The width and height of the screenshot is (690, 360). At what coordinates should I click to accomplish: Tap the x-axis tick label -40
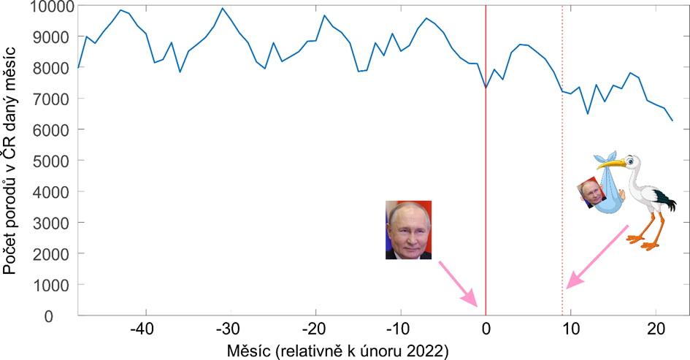pyautogui.click(x=145, y=327)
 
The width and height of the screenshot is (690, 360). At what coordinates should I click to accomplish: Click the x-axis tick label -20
pyautogui.click(x=315, y=327)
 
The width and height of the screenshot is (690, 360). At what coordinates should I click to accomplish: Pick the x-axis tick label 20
pyautogui.click(x=655, y=327)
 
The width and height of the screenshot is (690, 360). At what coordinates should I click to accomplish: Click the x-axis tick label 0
pyautogui.click(x=486, y=327)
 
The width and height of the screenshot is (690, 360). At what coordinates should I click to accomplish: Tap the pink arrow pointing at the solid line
pyautogui.click(x=458, y=284)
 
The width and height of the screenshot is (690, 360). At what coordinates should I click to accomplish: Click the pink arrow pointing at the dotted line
pyautogui.click(x=597, y=256)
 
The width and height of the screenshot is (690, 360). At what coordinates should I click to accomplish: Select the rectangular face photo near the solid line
pyautogui.click(x=409, y=229)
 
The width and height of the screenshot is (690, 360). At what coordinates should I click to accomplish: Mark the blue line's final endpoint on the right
pyautogui.click(x=672, y=120)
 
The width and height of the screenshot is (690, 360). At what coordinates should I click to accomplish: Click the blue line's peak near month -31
pyautogui.click(x=222, y=9)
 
